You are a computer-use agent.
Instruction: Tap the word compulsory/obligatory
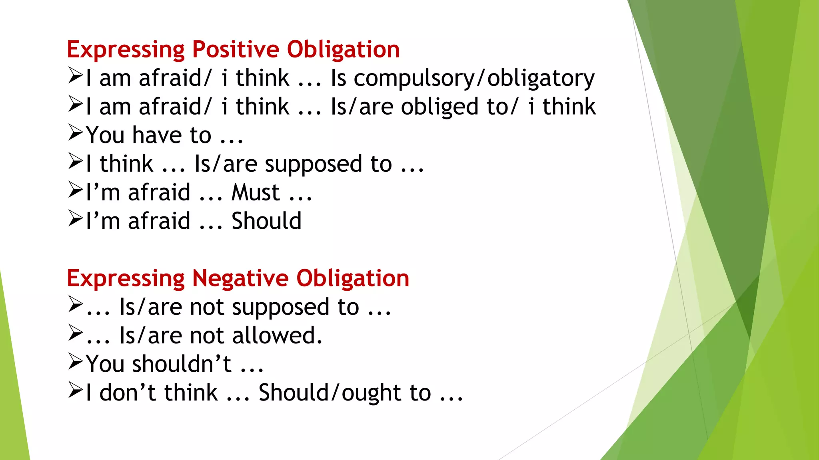point(474,79)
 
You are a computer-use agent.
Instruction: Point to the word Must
point(256,193)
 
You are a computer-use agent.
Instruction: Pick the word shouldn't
point(182,364)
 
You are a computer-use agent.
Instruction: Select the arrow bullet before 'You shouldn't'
point(75,361)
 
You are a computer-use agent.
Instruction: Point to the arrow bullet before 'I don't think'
point(75,390)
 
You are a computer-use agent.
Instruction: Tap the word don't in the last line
point(128,393)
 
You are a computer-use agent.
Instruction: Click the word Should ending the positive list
point(266,221)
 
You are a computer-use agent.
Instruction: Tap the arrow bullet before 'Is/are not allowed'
point(75,333)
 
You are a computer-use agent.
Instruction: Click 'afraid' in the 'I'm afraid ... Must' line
point(159,193)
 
